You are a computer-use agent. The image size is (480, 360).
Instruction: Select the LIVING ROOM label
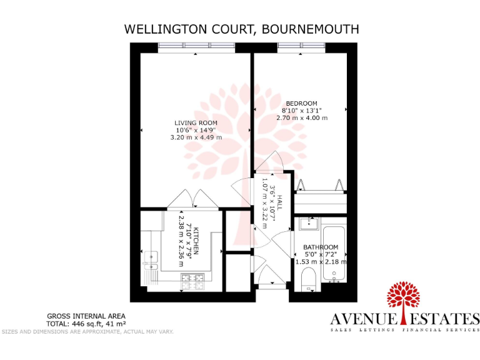click(x=196, y=122)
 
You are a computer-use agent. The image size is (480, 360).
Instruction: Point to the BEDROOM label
click(x=301, y=103)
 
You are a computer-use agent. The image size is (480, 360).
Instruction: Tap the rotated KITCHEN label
click(x=196, y=241)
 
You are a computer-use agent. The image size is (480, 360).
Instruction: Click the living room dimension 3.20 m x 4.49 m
click(x=196, y=137)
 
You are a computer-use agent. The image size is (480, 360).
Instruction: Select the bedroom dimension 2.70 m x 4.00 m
click(x=301, y=117)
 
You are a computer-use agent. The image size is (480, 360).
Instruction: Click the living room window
click(x=196, y=46)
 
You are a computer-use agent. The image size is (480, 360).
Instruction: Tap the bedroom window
click(x=301, y=46)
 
